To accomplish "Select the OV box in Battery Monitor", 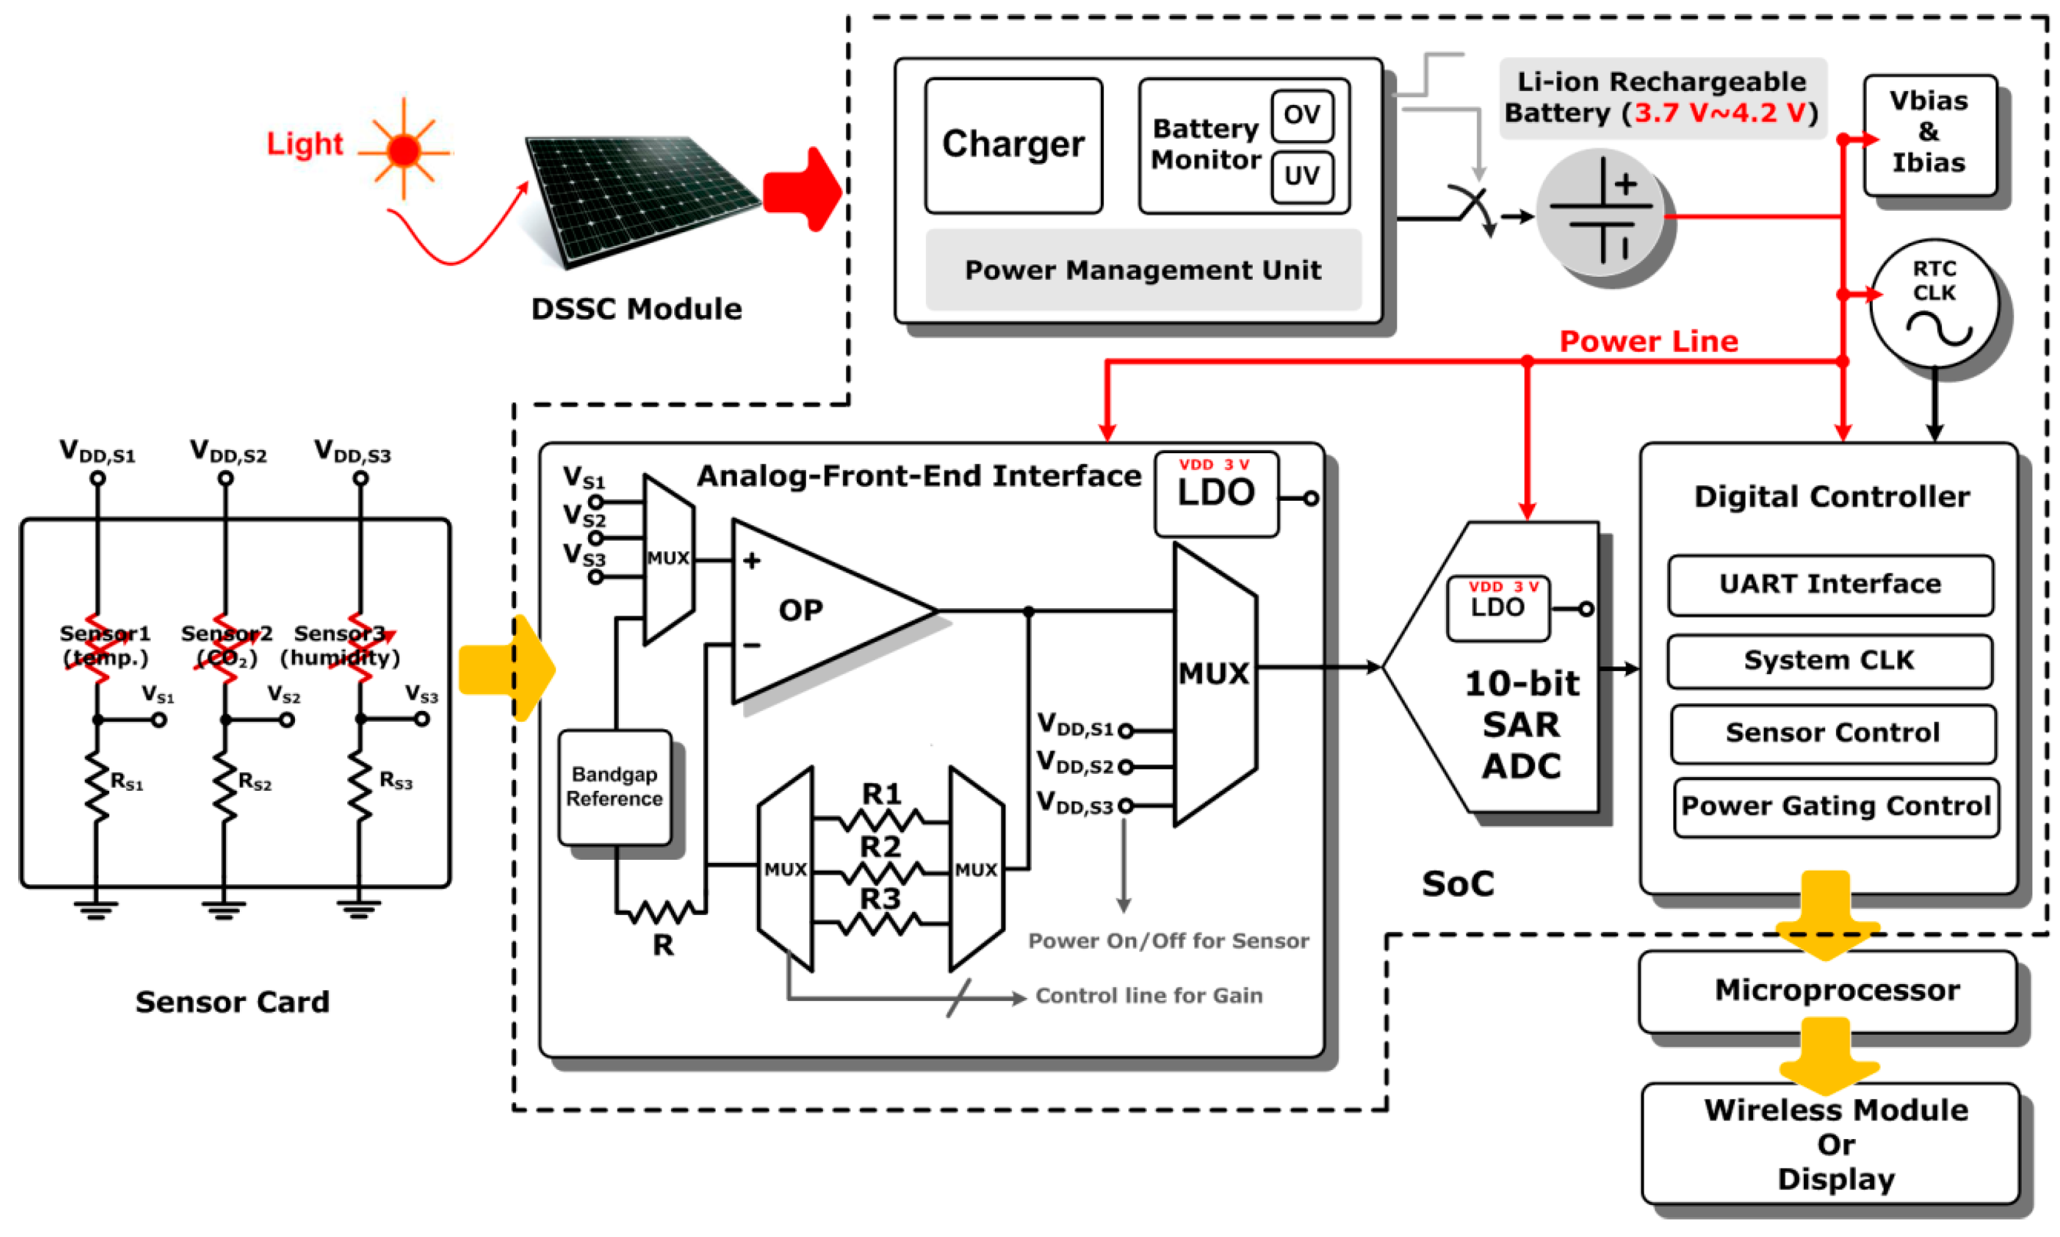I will pyautogui.click(x=1301, y=115).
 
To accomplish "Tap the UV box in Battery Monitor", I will pyautogui.click(x=1301, y=176).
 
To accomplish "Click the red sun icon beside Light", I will pyautogui.click(x=404, y=151).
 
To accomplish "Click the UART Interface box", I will pyautogui.click(x=1829, y=584).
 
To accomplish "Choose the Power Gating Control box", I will pyautogui.click(x=1834, y=806).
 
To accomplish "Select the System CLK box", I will pyautogui.click(x=1829, y=660).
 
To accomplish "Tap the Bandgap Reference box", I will pyautogui.click(x=614, y=786).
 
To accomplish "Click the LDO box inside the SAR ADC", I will pyautogui.click(x=1496, y=608).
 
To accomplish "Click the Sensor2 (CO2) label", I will pyautogui.click(x=226, y=645).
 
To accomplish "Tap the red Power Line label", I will pyautogui.click(x=1648, y=341).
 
